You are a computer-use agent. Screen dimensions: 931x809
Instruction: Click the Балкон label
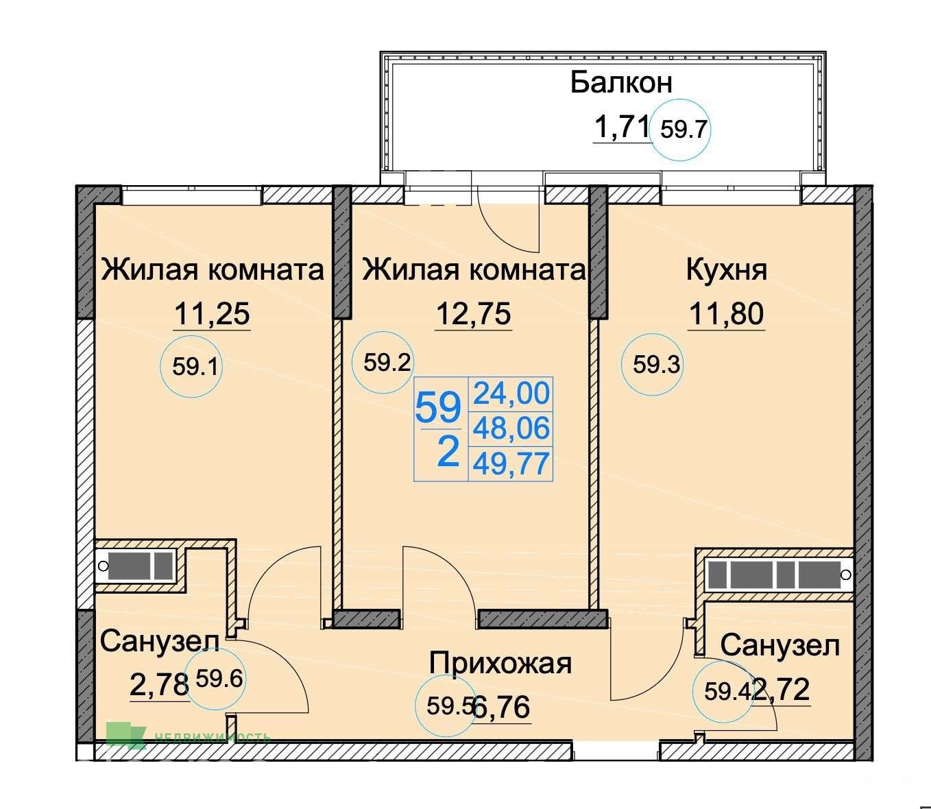(x=621, y=83)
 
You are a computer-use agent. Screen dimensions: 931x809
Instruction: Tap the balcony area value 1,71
(x=622, y=127)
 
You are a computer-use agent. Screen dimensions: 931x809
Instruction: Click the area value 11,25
(x=212, y=314)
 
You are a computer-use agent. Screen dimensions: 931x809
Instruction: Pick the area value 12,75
(x=474, y=314)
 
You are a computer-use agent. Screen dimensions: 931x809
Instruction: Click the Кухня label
(x=726, y=270)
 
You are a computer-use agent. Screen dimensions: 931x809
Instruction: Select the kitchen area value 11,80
(x=726, y=314)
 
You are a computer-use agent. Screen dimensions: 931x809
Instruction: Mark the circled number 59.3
(x=657, y=365)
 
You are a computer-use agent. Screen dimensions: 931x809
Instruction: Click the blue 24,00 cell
(x=511, y=394)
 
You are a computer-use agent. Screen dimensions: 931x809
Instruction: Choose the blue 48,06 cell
(x=511, y=428)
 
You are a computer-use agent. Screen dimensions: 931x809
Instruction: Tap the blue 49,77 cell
(x=511, y=464)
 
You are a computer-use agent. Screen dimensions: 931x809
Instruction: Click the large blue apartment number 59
(x=438, y=408)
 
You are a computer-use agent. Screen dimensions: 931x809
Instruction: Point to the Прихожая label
(x=500, y=663)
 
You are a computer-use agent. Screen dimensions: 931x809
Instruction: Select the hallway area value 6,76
(x=501, y=708)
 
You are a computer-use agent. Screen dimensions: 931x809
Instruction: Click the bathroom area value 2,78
(x=159, y=685)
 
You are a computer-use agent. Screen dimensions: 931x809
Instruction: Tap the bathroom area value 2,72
(x=781, y=689)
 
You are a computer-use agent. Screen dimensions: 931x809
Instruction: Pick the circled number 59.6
(x=219, y=679)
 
